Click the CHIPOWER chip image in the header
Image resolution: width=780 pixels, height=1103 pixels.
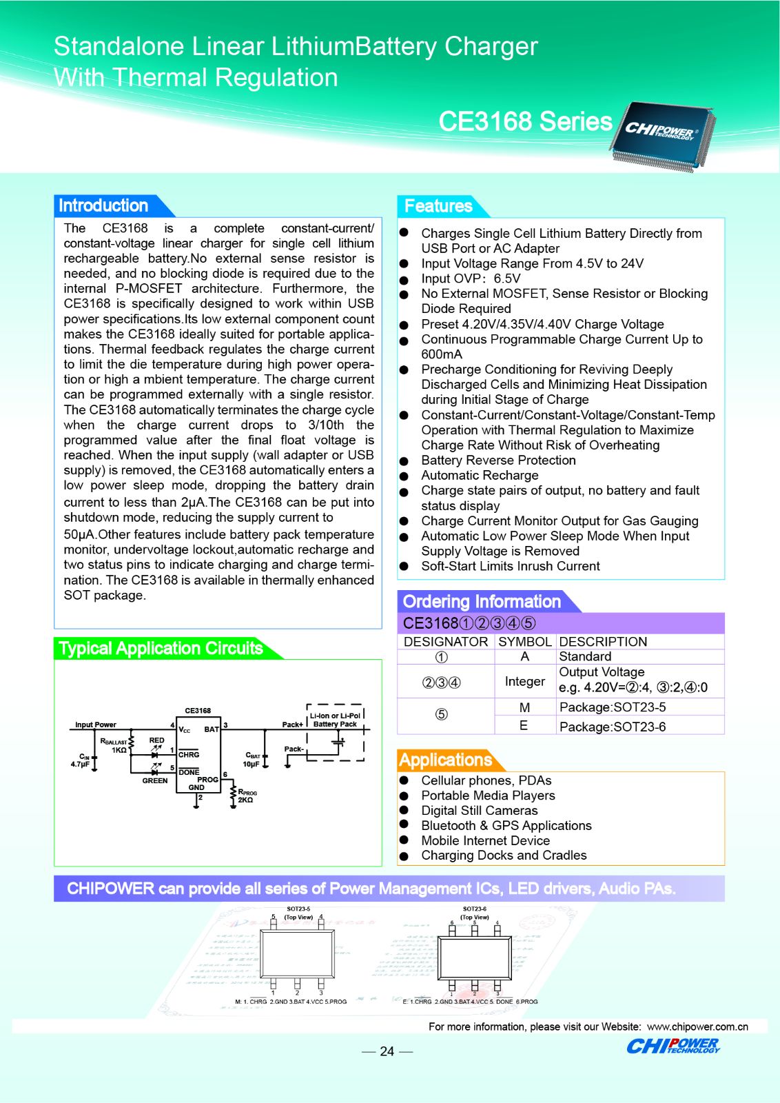(x=661, y=134)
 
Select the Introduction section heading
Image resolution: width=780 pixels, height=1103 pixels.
(x=103, y=205)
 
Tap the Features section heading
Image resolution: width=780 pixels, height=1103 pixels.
(x=438, y=206)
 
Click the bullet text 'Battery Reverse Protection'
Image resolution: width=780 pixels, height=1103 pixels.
(x=498, y=461)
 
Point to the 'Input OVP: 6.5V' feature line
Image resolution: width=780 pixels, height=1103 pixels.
(x=471, y=279)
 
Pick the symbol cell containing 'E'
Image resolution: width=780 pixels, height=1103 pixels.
(x=524, y=725)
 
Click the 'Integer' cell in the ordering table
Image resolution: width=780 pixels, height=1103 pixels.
(x=524, y=681)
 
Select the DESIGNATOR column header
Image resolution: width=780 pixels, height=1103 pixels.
(x=446, y=642)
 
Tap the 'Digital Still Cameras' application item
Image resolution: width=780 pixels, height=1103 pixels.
(x=479, y=811)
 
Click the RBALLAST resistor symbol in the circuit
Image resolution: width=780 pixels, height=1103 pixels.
(x=132, y=746)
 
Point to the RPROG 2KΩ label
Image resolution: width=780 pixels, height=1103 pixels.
(x=247, y=796)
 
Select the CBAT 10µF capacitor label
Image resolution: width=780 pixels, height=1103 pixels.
(x=252, y=760)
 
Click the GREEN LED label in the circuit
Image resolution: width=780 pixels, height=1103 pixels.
(x=155, y=781)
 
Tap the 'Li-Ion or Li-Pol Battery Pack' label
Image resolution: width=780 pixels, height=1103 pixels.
(x=335, y=720)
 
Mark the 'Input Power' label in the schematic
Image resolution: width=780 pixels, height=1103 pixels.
(x=96, y=725)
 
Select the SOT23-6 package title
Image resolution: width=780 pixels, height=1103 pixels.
(x=475, y=909)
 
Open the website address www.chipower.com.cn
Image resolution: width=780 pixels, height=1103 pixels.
(x=697, y=1026)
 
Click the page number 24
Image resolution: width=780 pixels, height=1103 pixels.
(x=387, y=1051)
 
